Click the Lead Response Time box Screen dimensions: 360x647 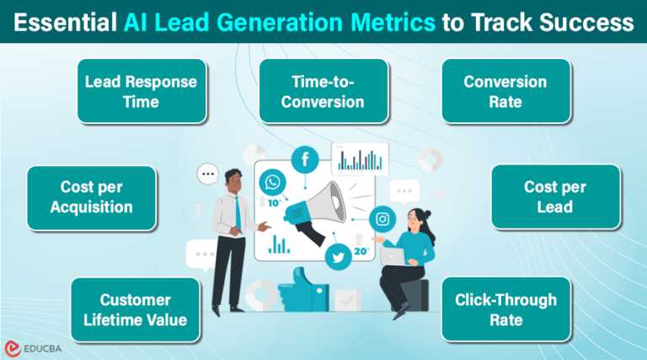141,91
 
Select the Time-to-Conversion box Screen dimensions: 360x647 323,91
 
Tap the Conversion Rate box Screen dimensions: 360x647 505,91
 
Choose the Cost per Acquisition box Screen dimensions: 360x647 92,197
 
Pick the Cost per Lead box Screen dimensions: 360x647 555,197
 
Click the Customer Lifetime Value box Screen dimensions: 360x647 136,309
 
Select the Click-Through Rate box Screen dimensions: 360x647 505,309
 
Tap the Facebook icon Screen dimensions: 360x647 303,159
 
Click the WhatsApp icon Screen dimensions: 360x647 273,182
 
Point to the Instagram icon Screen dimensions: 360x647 382,219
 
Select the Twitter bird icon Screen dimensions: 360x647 339,259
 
